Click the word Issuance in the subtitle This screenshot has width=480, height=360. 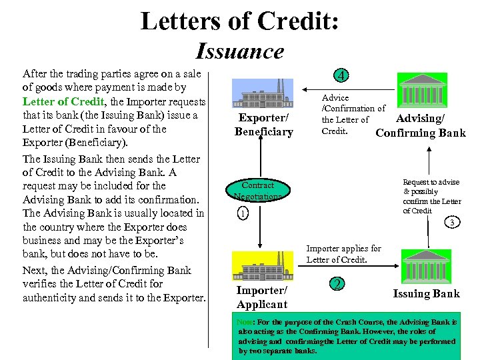coord(240,51)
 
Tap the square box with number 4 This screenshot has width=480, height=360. coord(341,76)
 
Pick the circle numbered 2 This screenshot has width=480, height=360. coord(338,284)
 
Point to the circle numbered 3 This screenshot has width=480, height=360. coord(451,222)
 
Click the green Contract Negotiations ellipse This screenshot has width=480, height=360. coord(257,191)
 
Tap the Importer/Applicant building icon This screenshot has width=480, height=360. coord(262,265)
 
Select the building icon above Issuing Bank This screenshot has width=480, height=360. coord(425,265)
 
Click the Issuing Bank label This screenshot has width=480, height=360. coord(426,294)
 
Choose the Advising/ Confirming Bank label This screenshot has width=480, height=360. coord(421,126)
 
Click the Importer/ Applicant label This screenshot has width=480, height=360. coord(262,297)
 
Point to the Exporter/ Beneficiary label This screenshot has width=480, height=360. coord(263,125)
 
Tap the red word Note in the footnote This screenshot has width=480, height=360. coord(244,322)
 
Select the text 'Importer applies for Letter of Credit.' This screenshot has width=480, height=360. coord(343,254)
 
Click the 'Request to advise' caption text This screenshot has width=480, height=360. coord(430,181)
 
